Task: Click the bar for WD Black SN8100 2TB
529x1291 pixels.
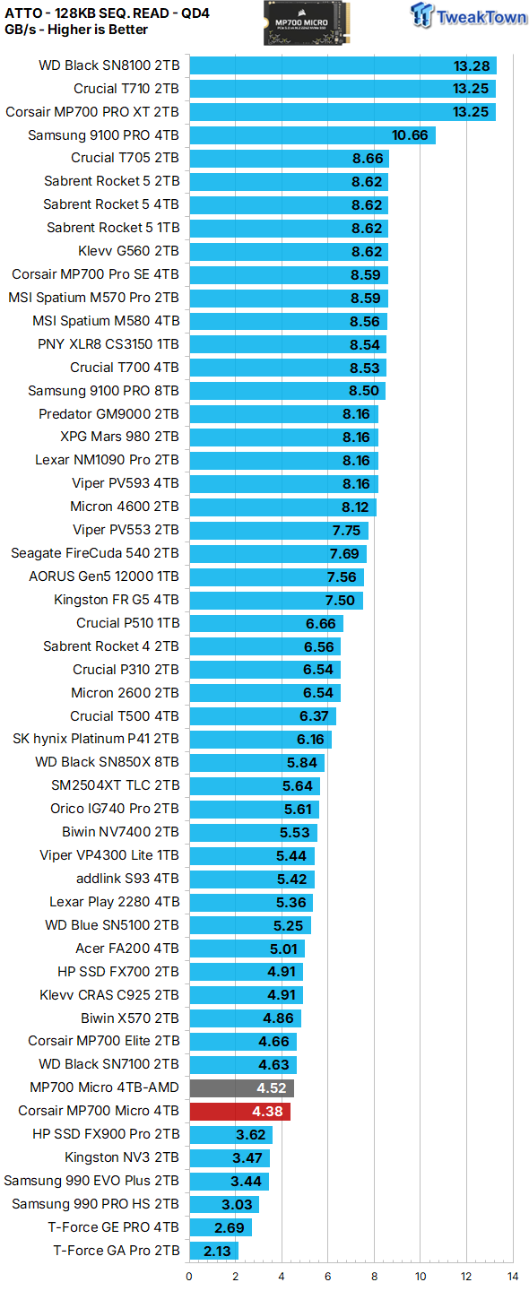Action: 343,65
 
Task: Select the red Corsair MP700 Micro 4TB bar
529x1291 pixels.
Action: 239,1112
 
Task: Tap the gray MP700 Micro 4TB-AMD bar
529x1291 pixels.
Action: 241,1088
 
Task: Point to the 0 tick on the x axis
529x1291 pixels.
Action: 189,1276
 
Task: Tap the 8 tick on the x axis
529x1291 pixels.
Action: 374,1276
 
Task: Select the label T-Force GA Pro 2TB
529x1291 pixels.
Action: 117,1251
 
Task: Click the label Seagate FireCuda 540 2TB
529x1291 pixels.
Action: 95,553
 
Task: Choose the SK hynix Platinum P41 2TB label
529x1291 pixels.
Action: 96,740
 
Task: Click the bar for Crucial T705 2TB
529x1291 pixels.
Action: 288,159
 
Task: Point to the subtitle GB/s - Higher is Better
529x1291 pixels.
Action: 76,30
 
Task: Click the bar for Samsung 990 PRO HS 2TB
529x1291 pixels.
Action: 224,1205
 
